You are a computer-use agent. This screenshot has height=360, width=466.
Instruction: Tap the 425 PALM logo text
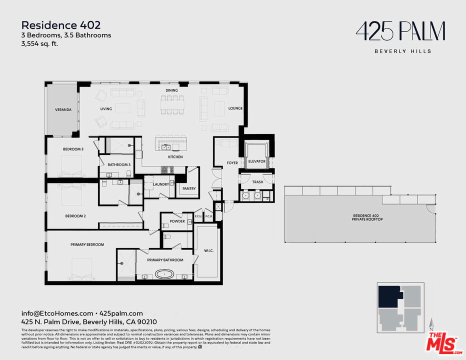[400, 32]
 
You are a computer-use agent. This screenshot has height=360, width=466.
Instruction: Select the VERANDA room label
[63, 109]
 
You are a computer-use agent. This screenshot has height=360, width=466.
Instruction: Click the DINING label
[172, 90]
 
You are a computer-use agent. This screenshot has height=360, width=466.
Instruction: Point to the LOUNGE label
[235, 108]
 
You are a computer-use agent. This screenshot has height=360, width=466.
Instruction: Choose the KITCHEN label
[175, 157]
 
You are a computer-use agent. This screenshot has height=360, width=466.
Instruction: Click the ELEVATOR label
[256, 161]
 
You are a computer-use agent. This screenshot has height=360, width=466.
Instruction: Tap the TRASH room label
[257, 182]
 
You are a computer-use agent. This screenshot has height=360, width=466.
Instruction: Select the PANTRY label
[189, 188]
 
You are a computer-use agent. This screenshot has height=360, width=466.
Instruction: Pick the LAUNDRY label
[160, 184]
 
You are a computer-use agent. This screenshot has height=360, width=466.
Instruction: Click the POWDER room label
[177, 221]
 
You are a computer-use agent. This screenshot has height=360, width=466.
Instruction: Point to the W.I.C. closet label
[208, 250]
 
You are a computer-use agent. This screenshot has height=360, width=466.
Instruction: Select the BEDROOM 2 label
[75, 216]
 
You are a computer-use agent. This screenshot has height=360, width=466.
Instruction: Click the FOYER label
[232, 162]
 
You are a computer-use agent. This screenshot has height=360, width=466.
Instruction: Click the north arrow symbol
[431, 324]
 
